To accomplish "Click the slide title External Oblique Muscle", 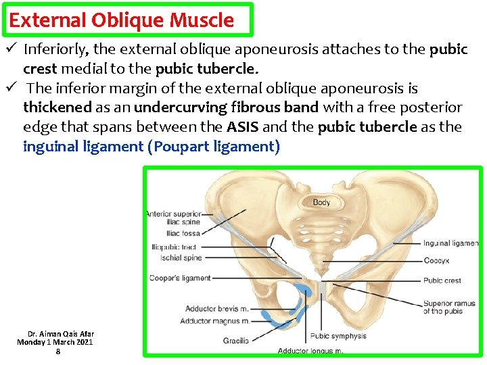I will [x=122, y=20].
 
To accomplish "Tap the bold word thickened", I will [x=57, y=107].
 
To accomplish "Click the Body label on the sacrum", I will [x=321, y=203].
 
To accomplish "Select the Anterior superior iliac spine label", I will [x=173, y=218].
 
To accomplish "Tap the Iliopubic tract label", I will [x=175, y=247].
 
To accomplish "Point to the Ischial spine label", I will [x=181, y=258].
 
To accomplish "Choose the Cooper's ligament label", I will [x=180, y=278].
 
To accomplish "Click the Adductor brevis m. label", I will [x=217, y=310].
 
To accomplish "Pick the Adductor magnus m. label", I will [x=215, y=321].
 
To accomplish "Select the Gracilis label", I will [x=236, y=341].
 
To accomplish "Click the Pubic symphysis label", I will [x=339, y=336].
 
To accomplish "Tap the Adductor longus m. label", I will [x=310, y=351].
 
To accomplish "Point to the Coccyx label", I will [x=437, y=260].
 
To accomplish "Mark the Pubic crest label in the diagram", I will [x=442, y=280].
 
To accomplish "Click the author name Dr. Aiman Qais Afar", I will [x=61, y=334].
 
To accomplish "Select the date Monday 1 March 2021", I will [x=55, y=343].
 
